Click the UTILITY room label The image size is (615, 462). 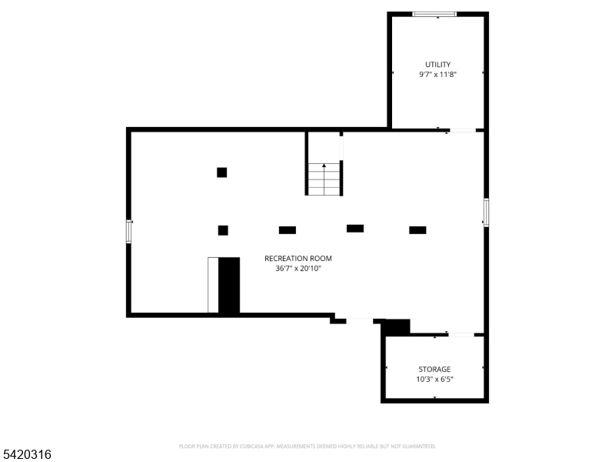point(438,65)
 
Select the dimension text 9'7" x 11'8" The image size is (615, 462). point(438,75)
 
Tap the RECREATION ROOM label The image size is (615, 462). point(298,259)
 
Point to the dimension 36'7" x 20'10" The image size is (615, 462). point(298,269)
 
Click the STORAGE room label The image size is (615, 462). point(434,370)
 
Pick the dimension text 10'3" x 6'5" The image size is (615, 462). point(434,380)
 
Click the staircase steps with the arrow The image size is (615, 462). point(324,179)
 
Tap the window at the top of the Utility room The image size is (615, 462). point(434,14)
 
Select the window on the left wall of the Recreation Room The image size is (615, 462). point(129,231)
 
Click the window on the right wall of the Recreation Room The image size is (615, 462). point(486,213)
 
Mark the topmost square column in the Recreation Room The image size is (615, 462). point(221,172)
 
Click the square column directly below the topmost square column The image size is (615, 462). point(223,230)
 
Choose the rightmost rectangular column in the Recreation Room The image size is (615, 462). point(417,229)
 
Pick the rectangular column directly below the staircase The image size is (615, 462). point(355,228)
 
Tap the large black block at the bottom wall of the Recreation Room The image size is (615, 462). point(229,285)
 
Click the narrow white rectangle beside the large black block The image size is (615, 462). point(213,285)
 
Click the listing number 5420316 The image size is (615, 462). point(26,455)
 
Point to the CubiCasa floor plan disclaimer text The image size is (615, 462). point(307,446)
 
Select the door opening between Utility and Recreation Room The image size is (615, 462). point(463,130)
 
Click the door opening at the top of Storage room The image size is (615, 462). point(460,334)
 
